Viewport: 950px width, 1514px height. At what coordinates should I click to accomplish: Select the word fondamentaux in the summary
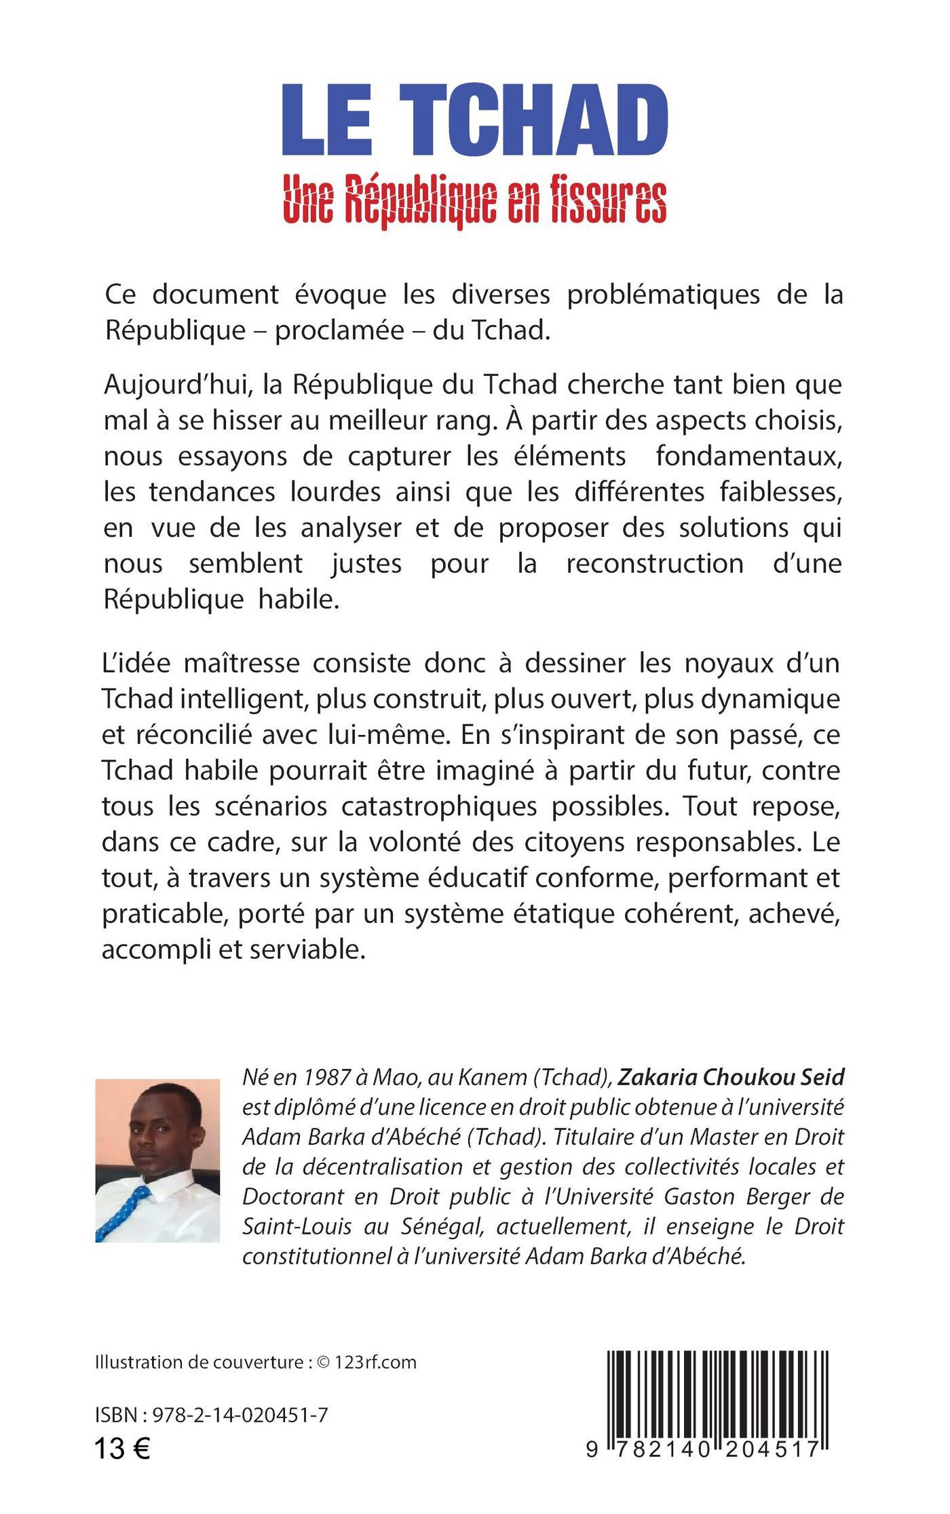[x=748, y=456]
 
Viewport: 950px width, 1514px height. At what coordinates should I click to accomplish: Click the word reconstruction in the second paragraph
[x=654, y=563]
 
